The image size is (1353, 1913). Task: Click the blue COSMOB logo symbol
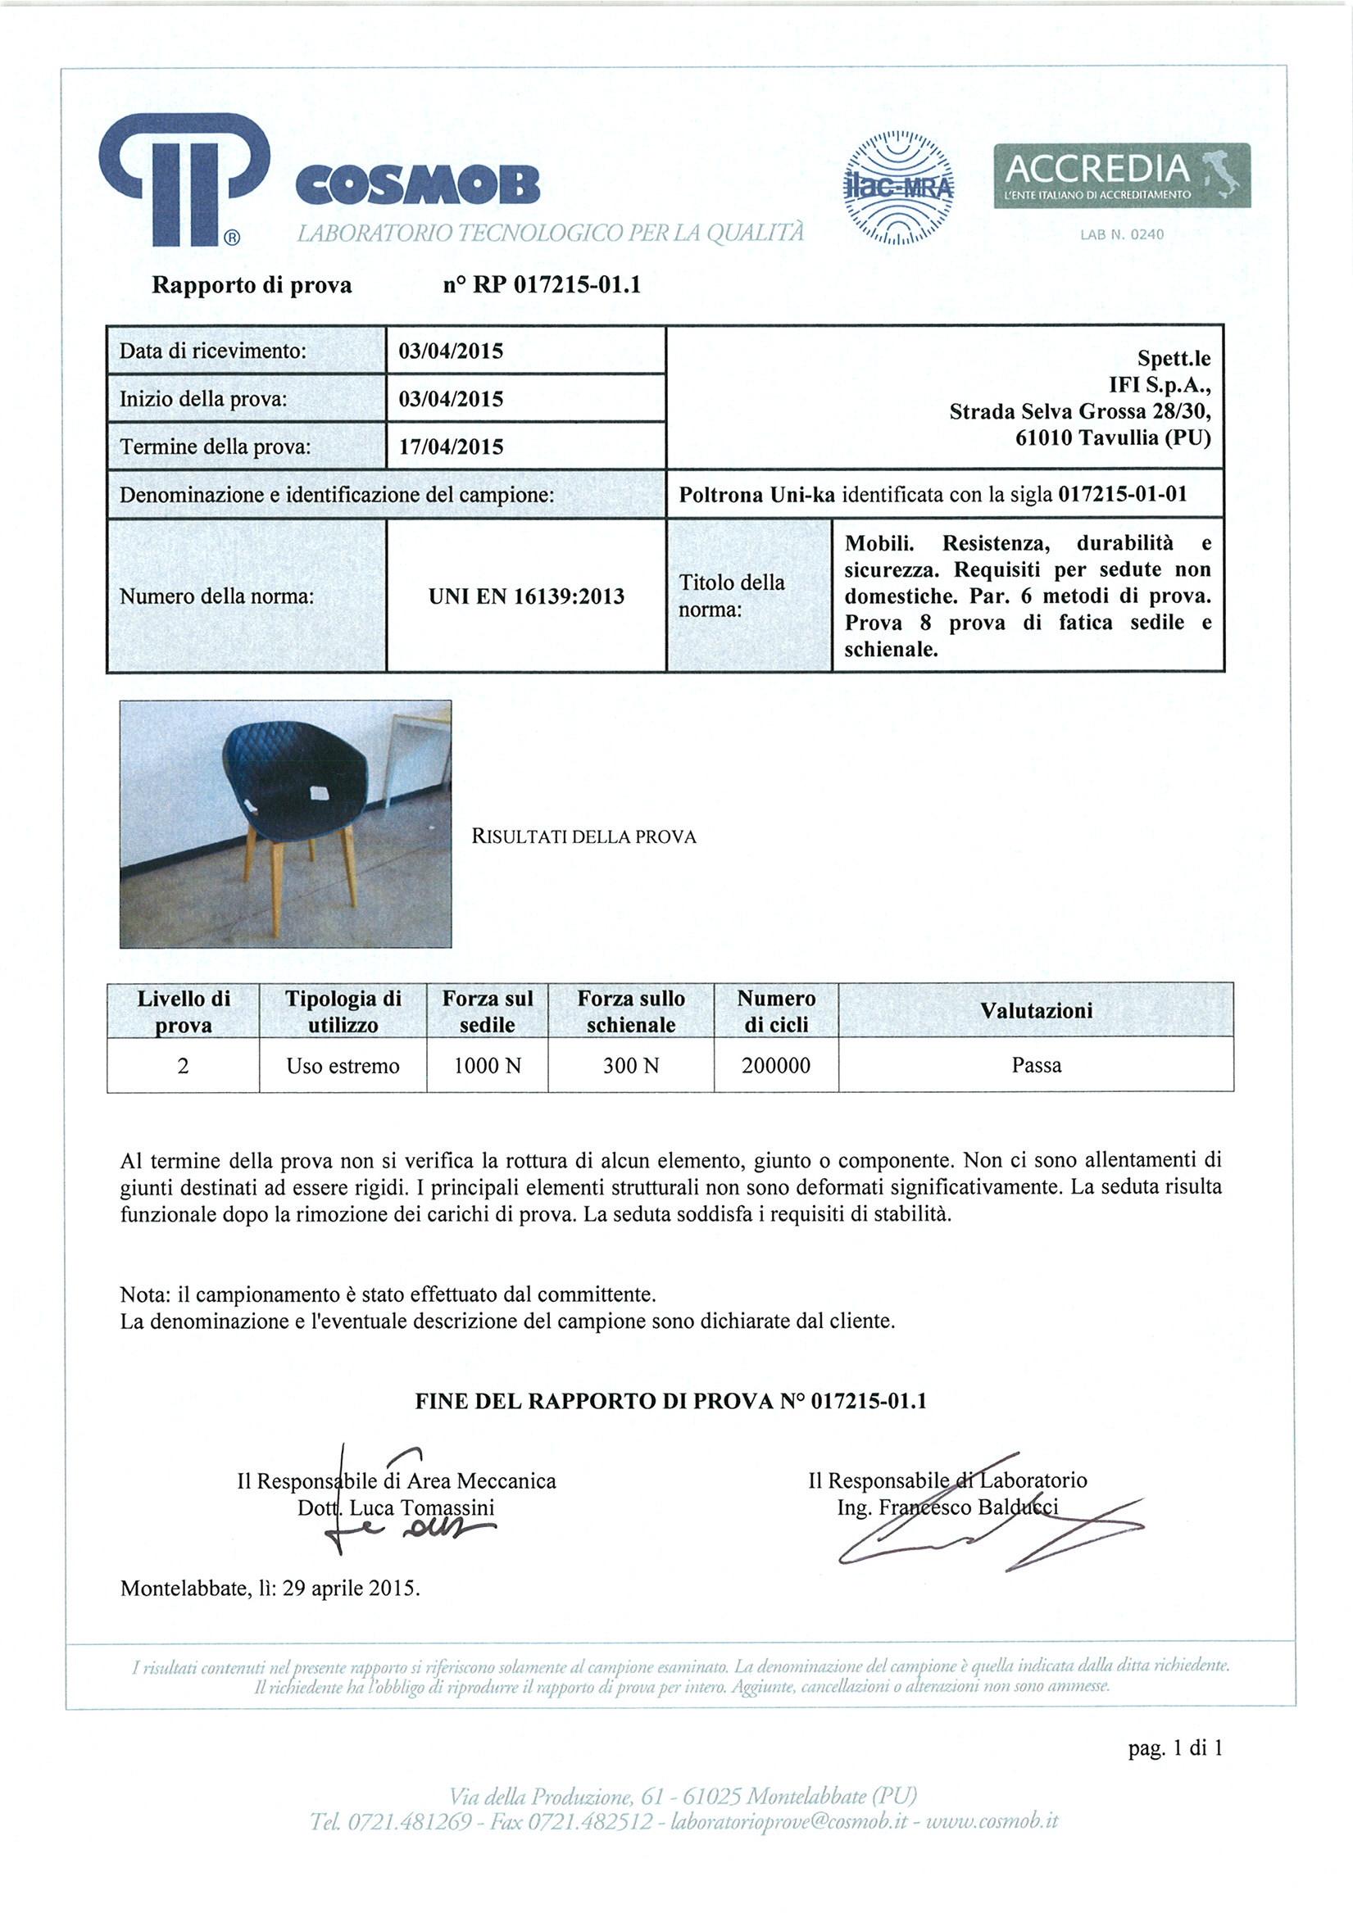click(184, 180)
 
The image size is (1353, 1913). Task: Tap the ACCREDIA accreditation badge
click(1121, 175)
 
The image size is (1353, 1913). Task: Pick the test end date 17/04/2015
click(451, 447)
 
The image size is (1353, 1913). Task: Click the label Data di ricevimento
click(213, 351)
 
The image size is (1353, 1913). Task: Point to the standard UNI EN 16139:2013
click(526, 596)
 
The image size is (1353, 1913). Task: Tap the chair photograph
click(285, 823)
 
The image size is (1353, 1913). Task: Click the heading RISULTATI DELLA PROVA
click(583, 836)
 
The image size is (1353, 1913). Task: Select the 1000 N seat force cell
click(488, 1066)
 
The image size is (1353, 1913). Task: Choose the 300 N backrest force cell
click(631, 1066)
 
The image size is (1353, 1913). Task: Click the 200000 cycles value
click(776, 1066)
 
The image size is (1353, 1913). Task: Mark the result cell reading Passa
click(1036, 1066)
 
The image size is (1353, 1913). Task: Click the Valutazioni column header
click(1036, 1011)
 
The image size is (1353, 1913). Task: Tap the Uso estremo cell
click(343, 1066)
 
